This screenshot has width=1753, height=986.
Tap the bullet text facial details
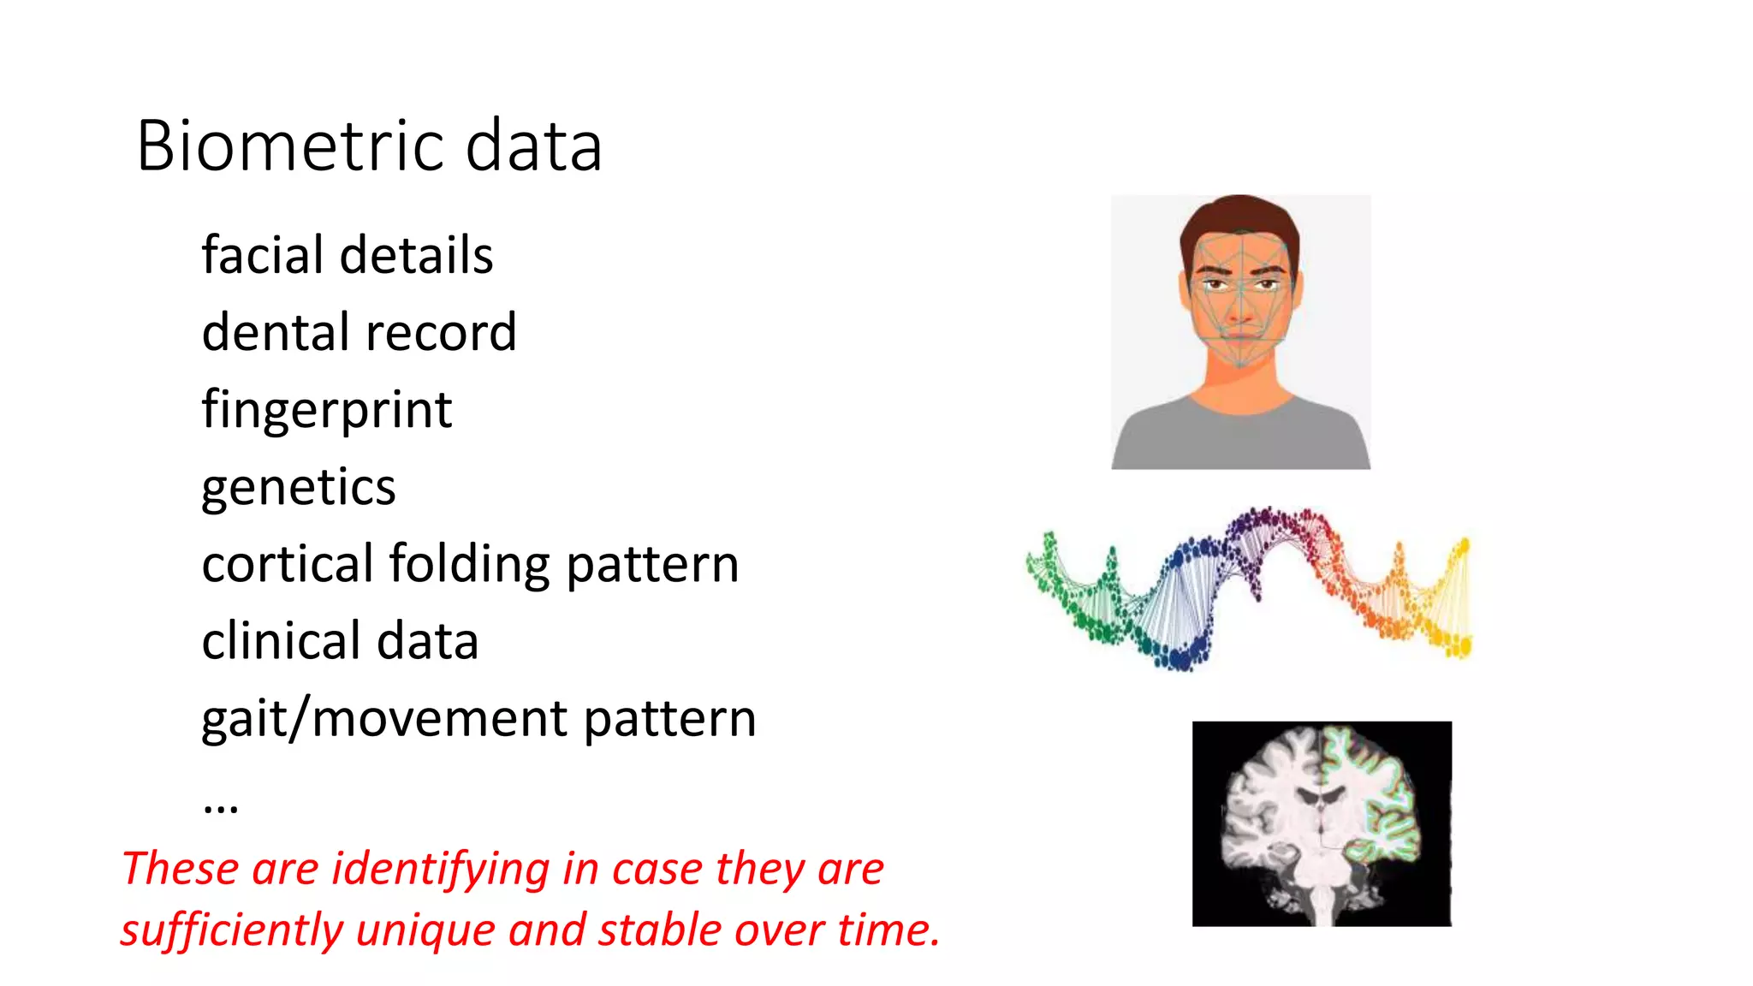pyautogui.click(x=347, y=255)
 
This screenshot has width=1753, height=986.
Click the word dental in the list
pyautogui.click(x=277, y=332)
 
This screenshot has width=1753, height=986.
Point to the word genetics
pyautogui.click(x=298, y=488)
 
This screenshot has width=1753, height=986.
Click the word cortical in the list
pyautogui.click(x=287, y=564)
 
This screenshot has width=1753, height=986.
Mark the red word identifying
pyautogui.click(x=440, y=870)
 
